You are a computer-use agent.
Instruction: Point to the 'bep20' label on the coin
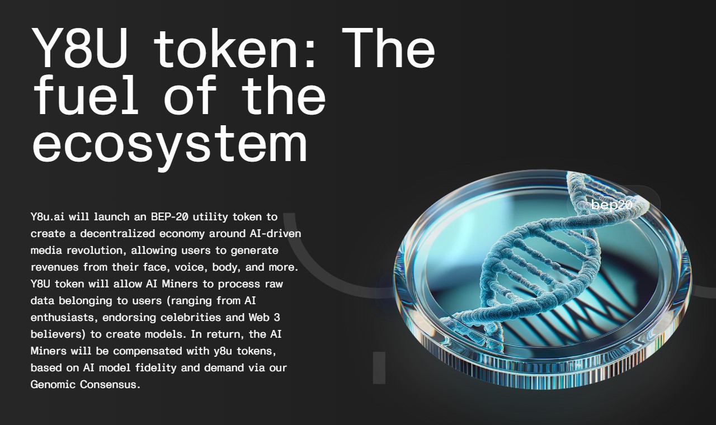611,205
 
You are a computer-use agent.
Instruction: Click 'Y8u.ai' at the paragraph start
48,216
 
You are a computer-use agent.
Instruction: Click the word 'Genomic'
53,385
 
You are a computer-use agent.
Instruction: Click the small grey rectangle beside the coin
379,368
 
